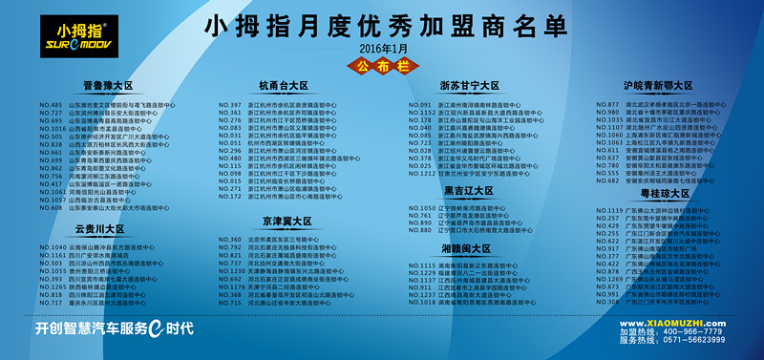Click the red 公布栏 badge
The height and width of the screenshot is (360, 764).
click(382, 66)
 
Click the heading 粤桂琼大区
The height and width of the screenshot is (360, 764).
click(662, 193)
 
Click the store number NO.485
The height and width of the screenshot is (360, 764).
click(51, 105)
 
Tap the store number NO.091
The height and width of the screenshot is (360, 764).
click(421, 104)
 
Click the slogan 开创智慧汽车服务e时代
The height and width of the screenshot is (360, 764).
click(115, 328)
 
